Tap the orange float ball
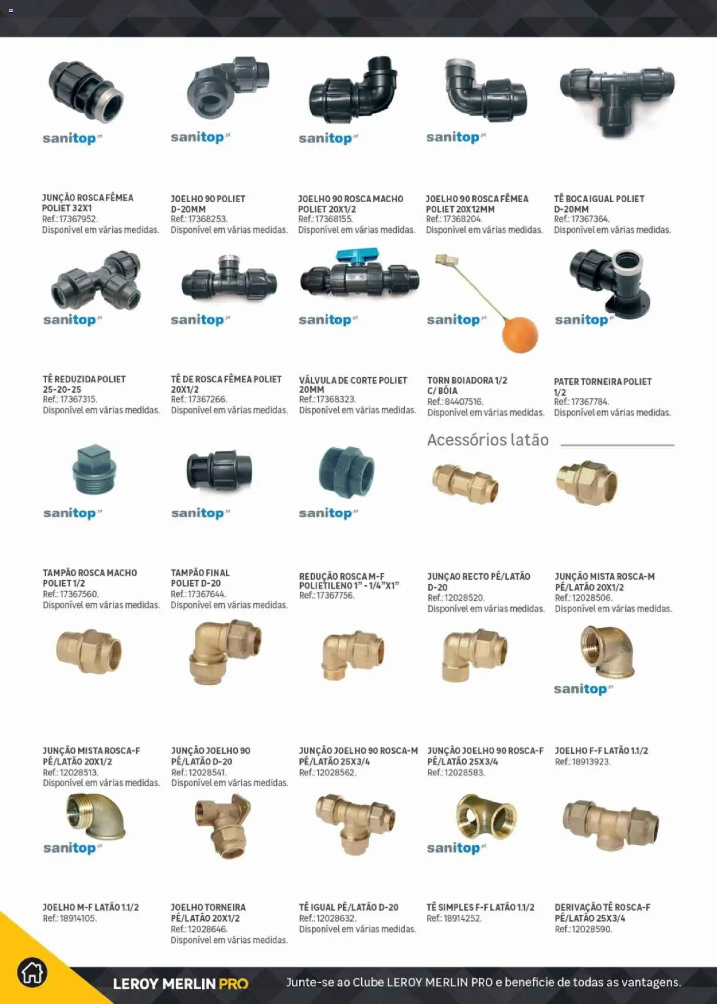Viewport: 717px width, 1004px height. (x=520, y=335)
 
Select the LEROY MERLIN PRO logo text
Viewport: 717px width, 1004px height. (x=181, y=983)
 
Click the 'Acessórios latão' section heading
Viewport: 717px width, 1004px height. (x=488, y=440)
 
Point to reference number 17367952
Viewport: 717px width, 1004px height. (x=79, y=219)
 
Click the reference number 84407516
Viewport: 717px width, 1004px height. (x=464, y=402)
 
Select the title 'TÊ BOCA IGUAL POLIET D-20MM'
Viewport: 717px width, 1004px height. (x=599, y=204)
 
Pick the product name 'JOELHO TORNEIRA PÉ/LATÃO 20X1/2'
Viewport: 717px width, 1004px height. (x=208, y=912)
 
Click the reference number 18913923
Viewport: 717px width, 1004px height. (x=592, y=762)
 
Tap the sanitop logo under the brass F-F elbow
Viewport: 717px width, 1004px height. (x=583, y=689)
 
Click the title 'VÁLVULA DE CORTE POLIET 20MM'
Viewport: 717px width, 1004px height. (x=353, y=385)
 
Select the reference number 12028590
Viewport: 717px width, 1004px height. (x=592, y=929)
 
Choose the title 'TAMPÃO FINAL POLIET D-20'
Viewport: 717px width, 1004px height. (x=200, y=578)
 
